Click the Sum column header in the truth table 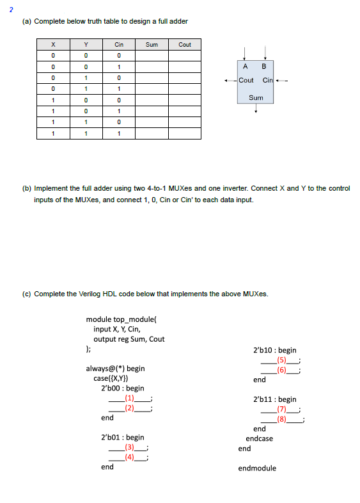point(152,45)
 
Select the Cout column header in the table point(185,45)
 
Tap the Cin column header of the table point(119,45)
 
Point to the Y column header point(86,45)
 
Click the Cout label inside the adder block point(246,80)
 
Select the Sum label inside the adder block point(256,98)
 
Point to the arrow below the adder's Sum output point(256,109)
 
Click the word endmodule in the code point(257,468)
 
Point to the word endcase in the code point(260,438)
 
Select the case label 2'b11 point(265,399)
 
